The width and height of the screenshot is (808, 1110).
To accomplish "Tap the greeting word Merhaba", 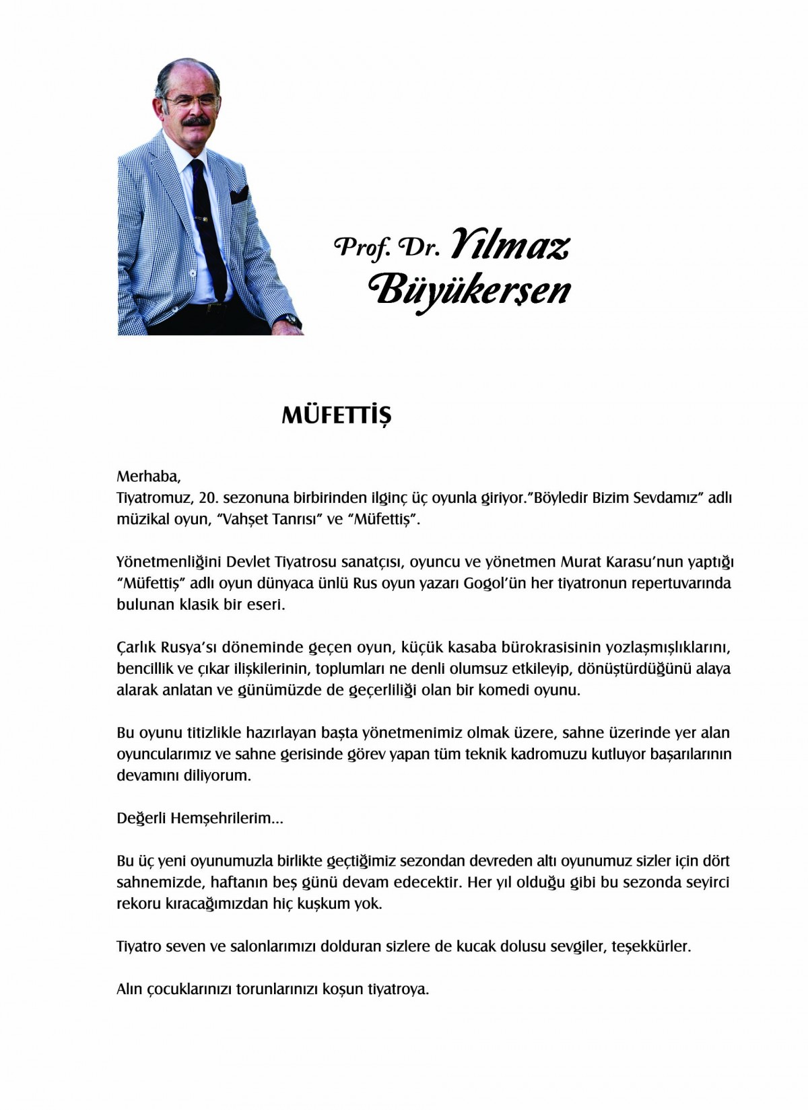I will pyautogui.click(x=148, y=477).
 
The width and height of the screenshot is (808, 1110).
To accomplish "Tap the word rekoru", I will pyautogui.click(x=139, y=903).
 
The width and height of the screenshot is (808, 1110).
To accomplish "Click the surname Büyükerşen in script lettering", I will pyautogui.click(x=471, y=291).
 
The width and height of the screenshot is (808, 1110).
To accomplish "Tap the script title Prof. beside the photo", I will pyautogui.click(x=363, y=248).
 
